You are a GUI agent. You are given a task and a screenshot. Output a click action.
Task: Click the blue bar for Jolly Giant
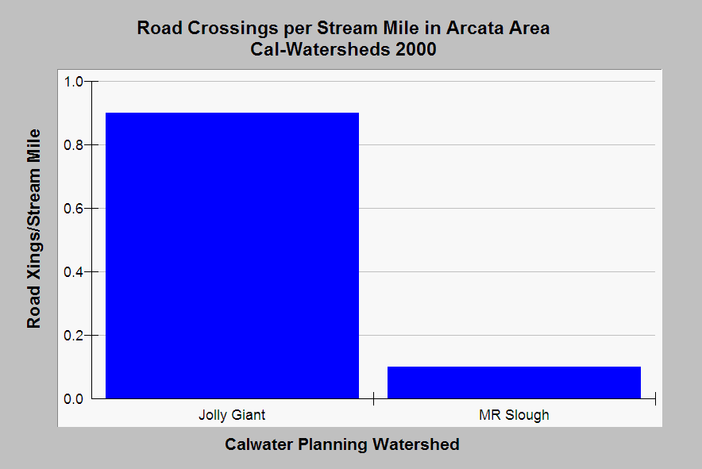pos(232,256)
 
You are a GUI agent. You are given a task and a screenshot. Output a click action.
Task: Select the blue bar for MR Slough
pos(514,383)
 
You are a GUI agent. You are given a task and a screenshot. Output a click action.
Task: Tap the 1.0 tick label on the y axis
pos(73,82)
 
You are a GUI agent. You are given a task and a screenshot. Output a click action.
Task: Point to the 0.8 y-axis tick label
pos(73,145)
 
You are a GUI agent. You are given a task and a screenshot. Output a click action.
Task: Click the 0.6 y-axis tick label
pos(73,209)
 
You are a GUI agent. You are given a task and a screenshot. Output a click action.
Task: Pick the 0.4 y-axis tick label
pos(73,272)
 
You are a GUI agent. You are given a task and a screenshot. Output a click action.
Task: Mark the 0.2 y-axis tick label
pos(73,335)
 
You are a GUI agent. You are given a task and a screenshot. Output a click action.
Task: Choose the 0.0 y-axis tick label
pos(73,398)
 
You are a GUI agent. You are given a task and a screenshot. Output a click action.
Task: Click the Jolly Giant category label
pos(232,415)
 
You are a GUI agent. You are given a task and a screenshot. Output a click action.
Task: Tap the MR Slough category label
pos(514,415)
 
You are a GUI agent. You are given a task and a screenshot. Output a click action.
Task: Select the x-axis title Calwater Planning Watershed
pos(342,444)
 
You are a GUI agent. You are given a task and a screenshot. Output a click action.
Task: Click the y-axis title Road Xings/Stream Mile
pos(34,229)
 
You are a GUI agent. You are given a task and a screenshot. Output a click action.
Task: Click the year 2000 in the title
pos(416,49)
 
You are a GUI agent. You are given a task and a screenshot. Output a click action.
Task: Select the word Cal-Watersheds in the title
pos(321,49)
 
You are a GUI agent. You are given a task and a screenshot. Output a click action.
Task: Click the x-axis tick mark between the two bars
pos(373,398)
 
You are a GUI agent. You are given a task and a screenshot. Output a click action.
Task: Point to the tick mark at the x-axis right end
pos(655,398)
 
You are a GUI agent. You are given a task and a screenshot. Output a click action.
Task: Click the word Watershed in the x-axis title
pos(416,444)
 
